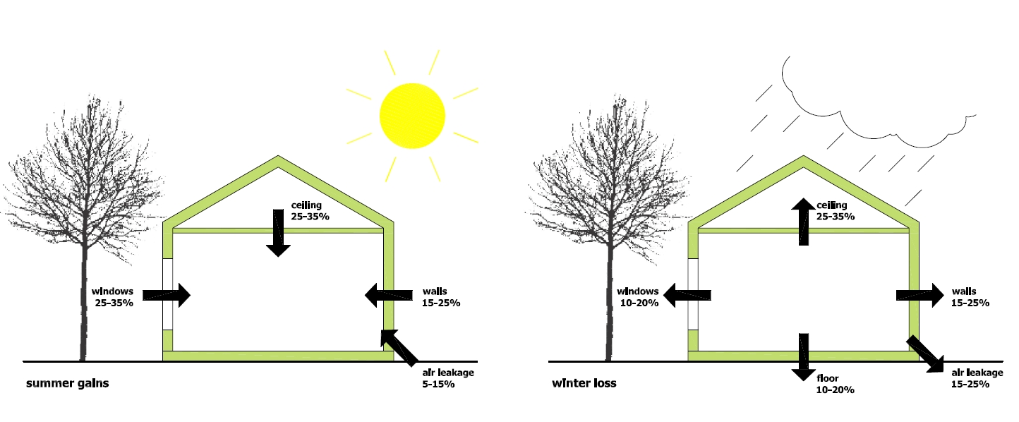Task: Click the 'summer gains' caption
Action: (68, 384)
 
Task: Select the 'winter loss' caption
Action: (584, 384)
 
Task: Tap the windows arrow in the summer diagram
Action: (167, 295)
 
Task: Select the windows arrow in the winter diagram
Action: (688, 295)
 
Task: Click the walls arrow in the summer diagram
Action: (388, 295)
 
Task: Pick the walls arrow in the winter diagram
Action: (919, 295)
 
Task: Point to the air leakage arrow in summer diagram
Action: (398, 346)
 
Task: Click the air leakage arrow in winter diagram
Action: (925, 353)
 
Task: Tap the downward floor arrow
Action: (803, 357)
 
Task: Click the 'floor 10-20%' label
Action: (835, 383)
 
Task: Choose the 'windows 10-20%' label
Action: (638, 296)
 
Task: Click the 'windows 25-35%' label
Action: (114, 296)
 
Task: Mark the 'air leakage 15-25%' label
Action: (977, 378)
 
